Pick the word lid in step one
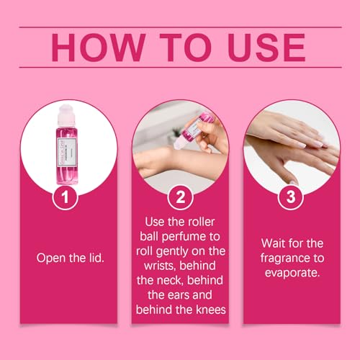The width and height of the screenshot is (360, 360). point(91,256)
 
